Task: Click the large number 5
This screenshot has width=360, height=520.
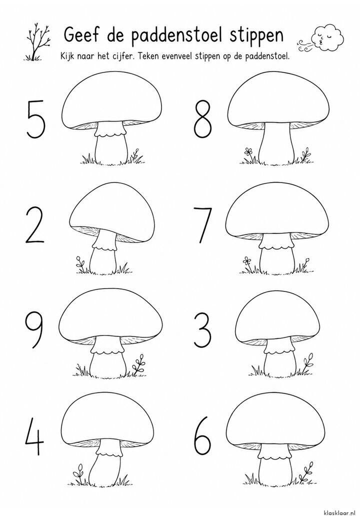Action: [36, 119]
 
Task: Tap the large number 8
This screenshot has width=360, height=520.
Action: [202, 119]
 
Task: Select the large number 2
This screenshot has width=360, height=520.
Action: [35, 224]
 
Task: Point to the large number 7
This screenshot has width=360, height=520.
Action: [202, 225]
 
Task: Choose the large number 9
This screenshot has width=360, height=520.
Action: [34, 330]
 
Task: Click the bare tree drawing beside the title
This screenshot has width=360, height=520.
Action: [36, 42]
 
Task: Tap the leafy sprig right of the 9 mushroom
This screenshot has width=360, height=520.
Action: [138, 364]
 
